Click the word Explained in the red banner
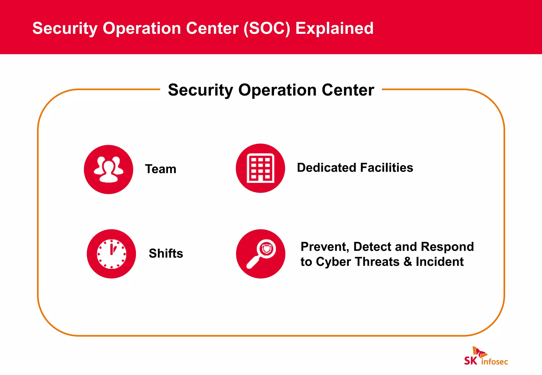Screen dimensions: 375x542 point(334,28)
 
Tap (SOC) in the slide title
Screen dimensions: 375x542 point(267,28)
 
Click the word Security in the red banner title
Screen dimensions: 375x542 point(65,29)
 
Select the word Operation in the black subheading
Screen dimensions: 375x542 point(277,90)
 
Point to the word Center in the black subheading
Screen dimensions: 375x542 point(348,90)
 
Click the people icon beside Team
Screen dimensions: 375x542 point(109,169)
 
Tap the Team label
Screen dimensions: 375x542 point(161,169)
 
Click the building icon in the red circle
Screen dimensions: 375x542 point(260,168)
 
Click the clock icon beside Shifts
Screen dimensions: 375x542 point(111,254)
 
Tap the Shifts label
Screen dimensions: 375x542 point(166,253)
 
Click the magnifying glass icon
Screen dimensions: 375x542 point(261,254)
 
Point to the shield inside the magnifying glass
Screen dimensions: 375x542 point(267,249)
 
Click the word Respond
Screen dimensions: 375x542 point(447,247)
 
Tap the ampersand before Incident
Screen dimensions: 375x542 point(408,262)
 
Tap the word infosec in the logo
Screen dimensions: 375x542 point(495,362)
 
